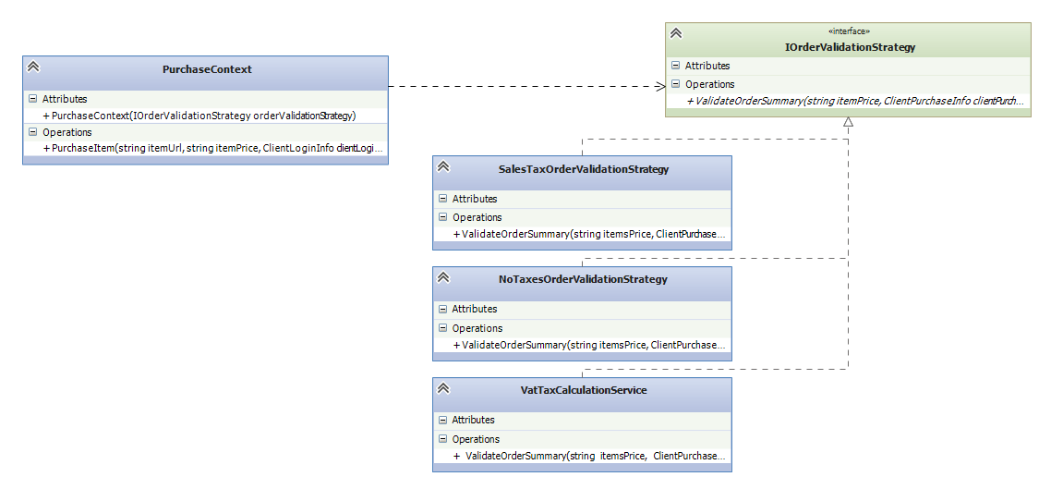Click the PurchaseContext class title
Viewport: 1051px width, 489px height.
[x=207, y=68]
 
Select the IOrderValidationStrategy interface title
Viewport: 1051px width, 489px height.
[x=850, y=47]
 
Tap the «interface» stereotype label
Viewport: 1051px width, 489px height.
[x=850, y=31]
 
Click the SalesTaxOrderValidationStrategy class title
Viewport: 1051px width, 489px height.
[x=584, y=169]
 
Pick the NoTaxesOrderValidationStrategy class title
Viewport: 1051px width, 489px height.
[x=583, y=279]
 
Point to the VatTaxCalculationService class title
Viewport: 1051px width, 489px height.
[x=583, y=390]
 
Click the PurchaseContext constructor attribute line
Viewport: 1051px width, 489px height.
[x=199, y=116]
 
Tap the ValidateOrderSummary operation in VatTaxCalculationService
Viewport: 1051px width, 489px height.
[x=590, y=456]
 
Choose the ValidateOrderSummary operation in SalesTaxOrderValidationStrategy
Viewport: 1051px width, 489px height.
[x=590, y=235]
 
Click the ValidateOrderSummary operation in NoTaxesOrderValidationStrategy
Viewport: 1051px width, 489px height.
[x=590, y=346]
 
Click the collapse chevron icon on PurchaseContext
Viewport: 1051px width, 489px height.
[x=33, y=67]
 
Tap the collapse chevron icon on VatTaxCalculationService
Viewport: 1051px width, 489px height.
[x=442, y=387]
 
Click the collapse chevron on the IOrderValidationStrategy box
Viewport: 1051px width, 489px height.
[x=676, y=33]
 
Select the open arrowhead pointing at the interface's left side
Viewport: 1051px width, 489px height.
[x=660, y=86]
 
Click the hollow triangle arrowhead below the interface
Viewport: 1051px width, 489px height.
[x=848, y=122]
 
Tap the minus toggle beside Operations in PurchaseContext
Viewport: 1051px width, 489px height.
[x=32, y=132]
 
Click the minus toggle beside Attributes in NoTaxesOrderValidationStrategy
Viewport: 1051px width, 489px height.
[x=442, y=310]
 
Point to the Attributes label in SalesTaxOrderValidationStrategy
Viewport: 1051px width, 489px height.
[x=475, y=199]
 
